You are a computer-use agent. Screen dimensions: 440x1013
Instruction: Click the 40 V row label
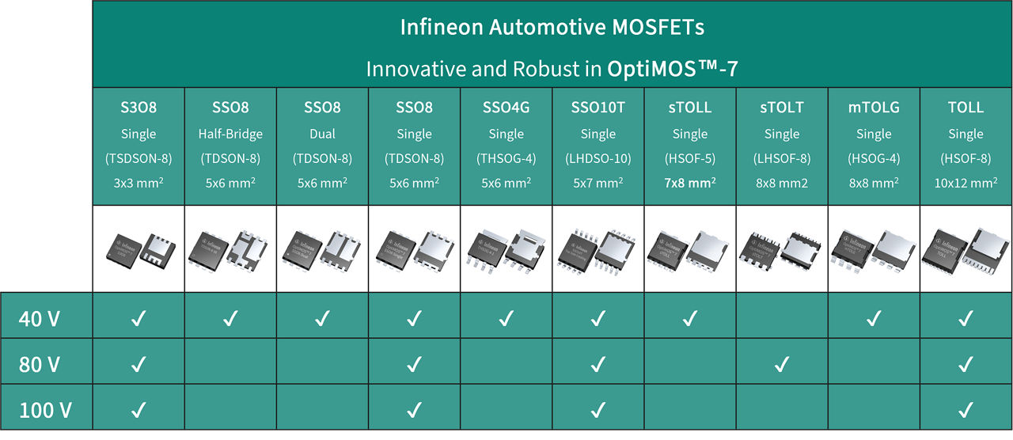[x=40, y=319]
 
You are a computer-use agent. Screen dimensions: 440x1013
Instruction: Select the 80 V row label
[x=40, y=365]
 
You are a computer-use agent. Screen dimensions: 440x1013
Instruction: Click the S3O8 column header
[x=138, y=108]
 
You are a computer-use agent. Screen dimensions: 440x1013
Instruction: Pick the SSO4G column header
[x=506, y=108]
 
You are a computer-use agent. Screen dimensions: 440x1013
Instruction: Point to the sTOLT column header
[x=782, y=108]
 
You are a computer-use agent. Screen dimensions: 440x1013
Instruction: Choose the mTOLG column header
[x=874, y=108]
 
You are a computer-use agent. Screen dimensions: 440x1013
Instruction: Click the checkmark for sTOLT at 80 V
[x=782, y=365]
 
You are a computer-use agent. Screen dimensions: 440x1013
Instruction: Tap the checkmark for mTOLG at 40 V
[x=874, y=319]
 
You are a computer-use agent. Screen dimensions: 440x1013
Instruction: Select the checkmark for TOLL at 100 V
[x=966, y=411]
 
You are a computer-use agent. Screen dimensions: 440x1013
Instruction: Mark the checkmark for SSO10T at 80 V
[x=598, y=365]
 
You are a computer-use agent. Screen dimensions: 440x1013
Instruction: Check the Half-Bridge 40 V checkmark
[x=230, y=319]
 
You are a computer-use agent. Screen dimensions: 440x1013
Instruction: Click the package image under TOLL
[x=966, y=249]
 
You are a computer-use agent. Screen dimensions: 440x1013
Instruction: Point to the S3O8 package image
[x=138, y=249]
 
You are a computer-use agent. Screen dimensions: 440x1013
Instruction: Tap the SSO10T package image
[x=598, y=249]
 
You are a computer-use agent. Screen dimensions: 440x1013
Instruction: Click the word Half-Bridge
[x=230, y=134]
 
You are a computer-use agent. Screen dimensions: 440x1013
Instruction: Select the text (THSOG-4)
[x=506, y=158]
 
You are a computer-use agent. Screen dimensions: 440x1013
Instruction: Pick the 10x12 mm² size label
[x=966, y=183]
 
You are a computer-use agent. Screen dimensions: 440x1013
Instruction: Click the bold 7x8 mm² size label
[x=690, y=183]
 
